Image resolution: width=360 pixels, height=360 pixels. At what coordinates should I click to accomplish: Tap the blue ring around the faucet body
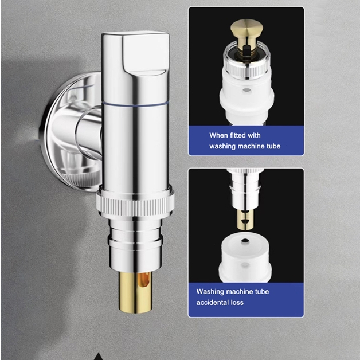pyautogui.click(x=135, y=105)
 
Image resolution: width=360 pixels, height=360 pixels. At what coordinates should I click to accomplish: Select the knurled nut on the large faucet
pyautogui.click(x=135, y=202)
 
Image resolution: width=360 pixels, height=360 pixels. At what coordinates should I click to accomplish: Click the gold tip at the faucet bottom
pyautogui.click(x=135, y=292)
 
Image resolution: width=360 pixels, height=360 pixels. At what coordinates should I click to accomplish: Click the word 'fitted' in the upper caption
pyautogui.click(x=234, y=135)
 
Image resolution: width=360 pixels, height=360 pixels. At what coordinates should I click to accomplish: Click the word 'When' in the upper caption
pyautogui.click(x=215, y=135)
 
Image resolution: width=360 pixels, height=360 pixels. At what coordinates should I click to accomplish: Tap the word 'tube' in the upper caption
pyautogui.click(x=273, y=146)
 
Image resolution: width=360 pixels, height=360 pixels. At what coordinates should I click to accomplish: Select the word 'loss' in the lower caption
pyautogui.click(x=237, y=302)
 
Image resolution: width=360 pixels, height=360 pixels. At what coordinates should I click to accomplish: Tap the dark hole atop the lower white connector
pyautogui.click(x=245, y=241)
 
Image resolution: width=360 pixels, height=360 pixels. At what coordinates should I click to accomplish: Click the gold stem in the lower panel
pyautogui.click(x=245, y=219)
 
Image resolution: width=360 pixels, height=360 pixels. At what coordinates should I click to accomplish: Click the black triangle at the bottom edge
pyautogui.click(x=99, y=357)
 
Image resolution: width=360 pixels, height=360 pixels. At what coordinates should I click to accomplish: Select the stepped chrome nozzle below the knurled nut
pyautogui.click(x=135, y=245)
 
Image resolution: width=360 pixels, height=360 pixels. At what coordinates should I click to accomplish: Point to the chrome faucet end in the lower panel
pyautogui.click(x=245, y=189)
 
